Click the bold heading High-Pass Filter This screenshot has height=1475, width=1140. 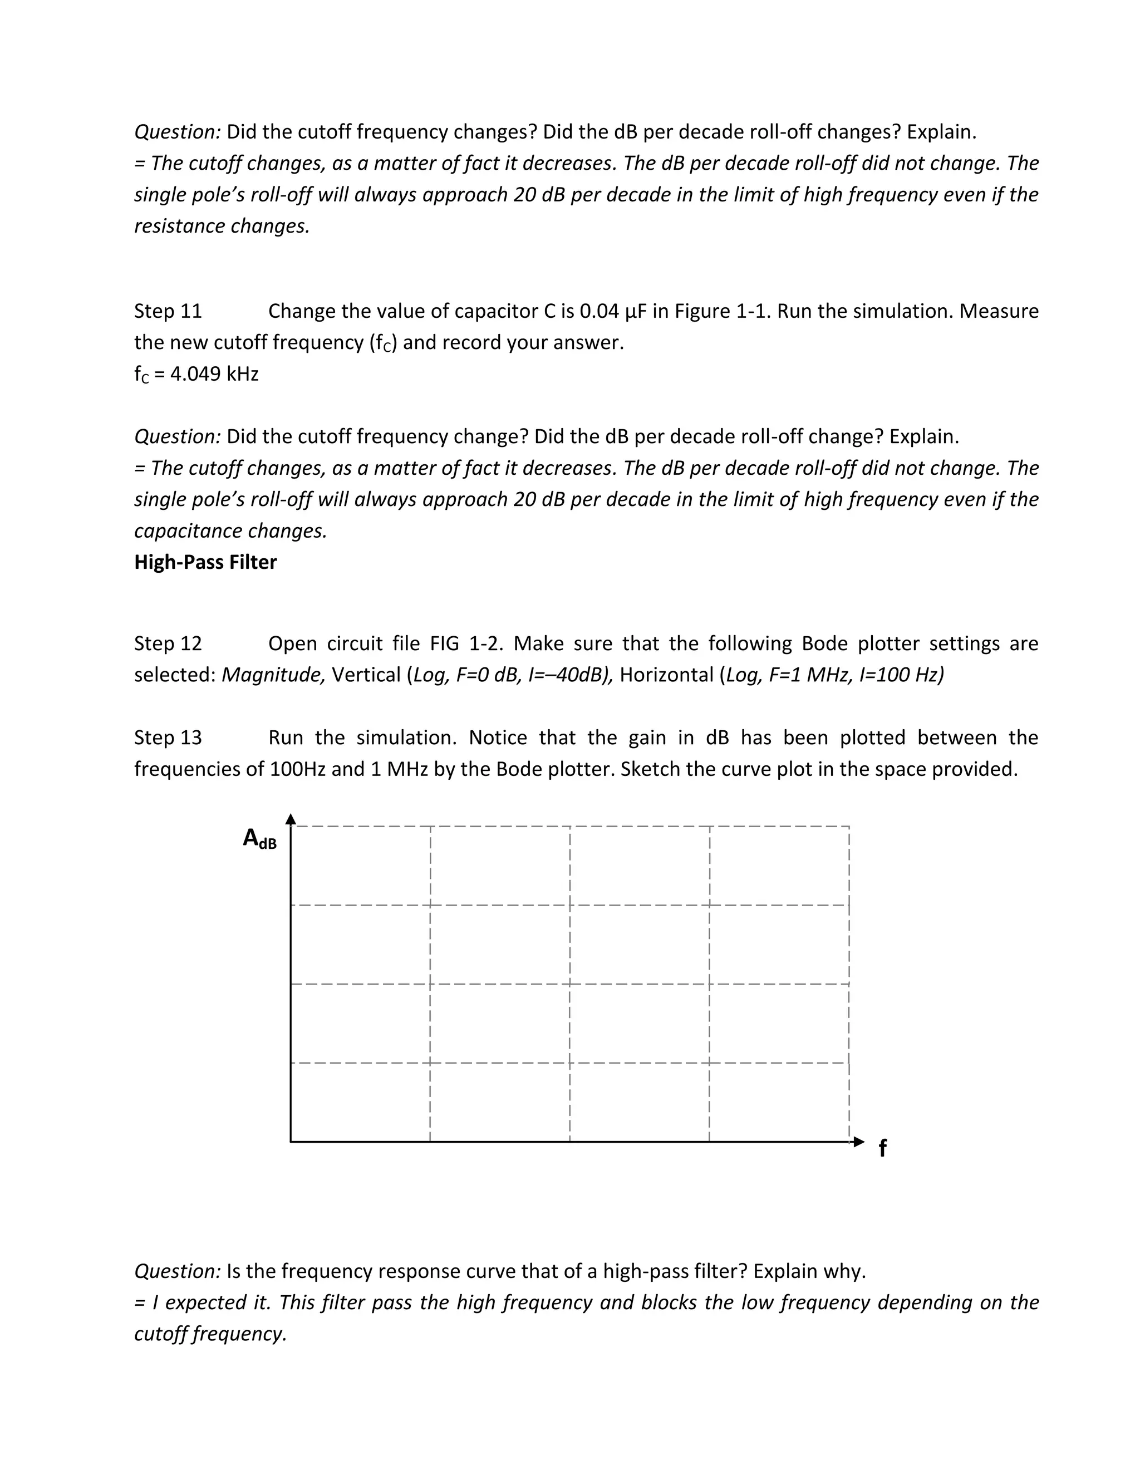205,562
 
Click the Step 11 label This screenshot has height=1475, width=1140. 168,311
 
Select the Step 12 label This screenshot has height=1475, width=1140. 168,643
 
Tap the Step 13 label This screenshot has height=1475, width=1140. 168,737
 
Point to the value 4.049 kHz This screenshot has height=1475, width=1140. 214,373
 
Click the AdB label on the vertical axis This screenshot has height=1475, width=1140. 259,839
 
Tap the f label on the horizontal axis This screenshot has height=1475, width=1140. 882,1148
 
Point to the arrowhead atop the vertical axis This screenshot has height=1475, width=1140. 291,819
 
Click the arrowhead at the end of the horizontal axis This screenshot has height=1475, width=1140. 858,1142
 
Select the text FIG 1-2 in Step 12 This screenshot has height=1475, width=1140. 466,643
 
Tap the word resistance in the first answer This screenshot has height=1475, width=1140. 180,225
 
